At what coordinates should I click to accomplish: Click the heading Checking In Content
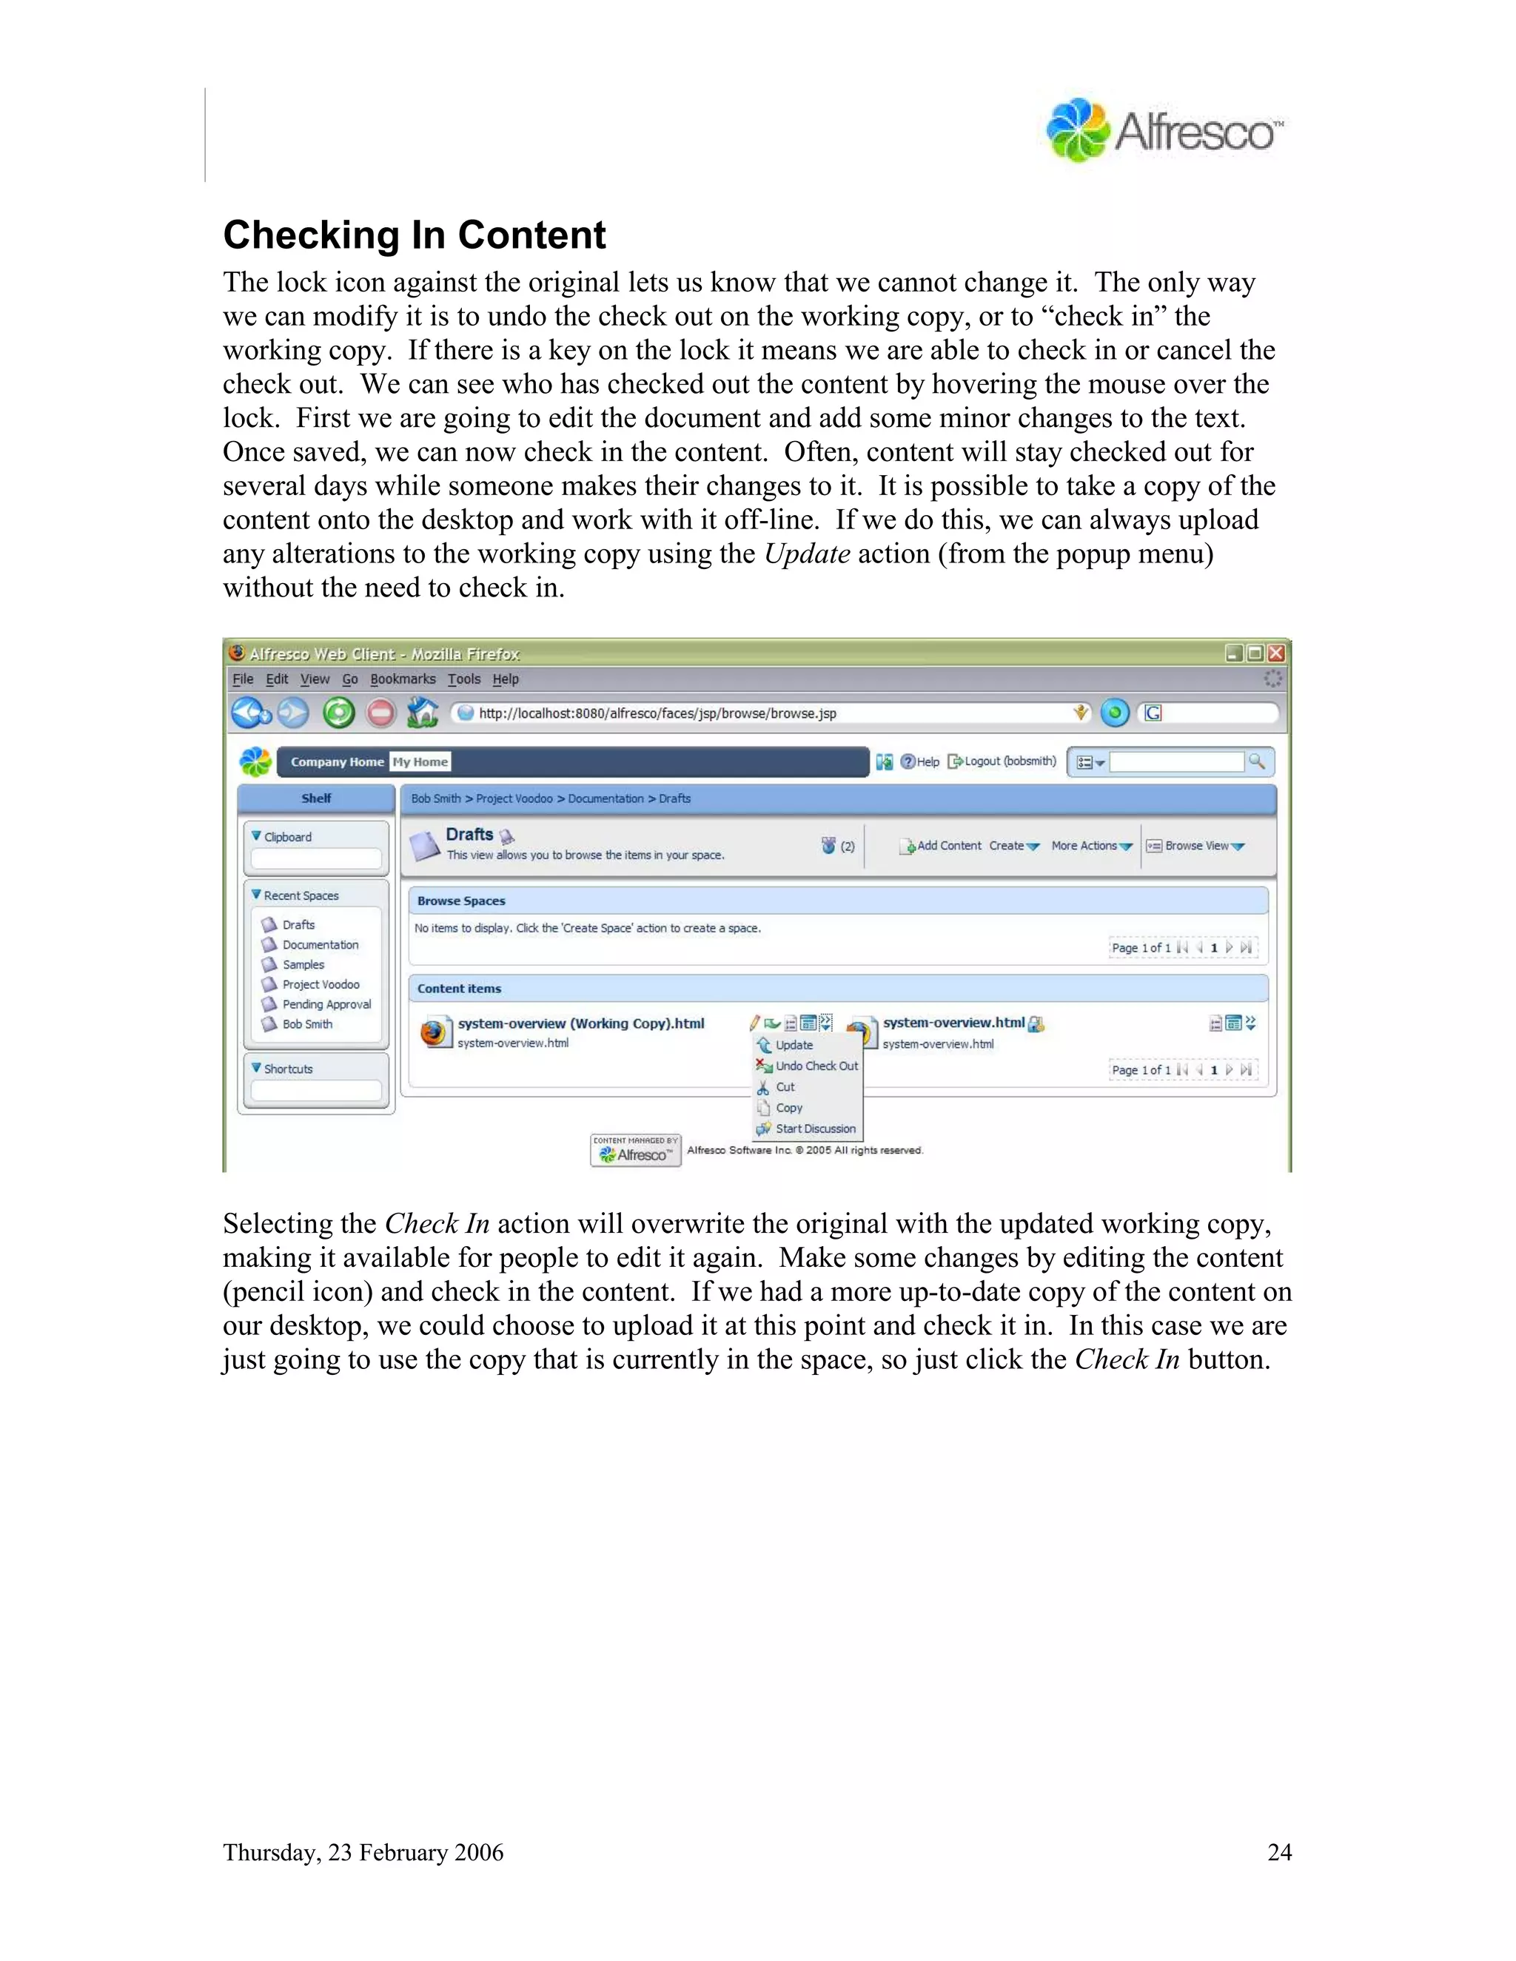[414, 235]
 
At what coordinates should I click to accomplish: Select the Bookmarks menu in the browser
[403, 679]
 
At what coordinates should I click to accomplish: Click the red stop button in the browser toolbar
[380, 713]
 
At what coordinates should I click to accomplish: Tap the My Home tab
[420, 761]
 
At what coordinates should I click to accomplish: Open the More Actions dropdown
[1090, 846]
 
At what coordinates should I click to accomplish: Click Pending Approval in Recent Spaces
[326, 1004]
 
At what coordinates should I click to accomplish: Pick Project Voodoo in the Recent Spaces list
[321, 984]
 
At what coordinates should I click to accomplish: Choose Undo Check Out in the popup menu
[816, 1066]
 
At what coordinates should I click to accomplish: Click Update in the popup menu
[794, 1045]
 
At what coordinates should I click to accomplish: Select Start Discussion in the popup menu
[814, 1128]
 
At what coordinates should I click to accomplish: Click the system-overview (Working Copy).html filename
[580, 1023]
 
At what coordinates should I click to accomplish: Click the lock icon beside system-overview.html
[1036, 1023]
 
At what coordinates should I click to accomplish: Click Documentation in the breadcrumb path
[606, 798]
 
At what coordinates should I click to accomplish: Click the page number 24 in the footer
[1279, 1852]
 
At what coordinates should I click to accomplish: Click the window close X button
[1275, 653]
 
